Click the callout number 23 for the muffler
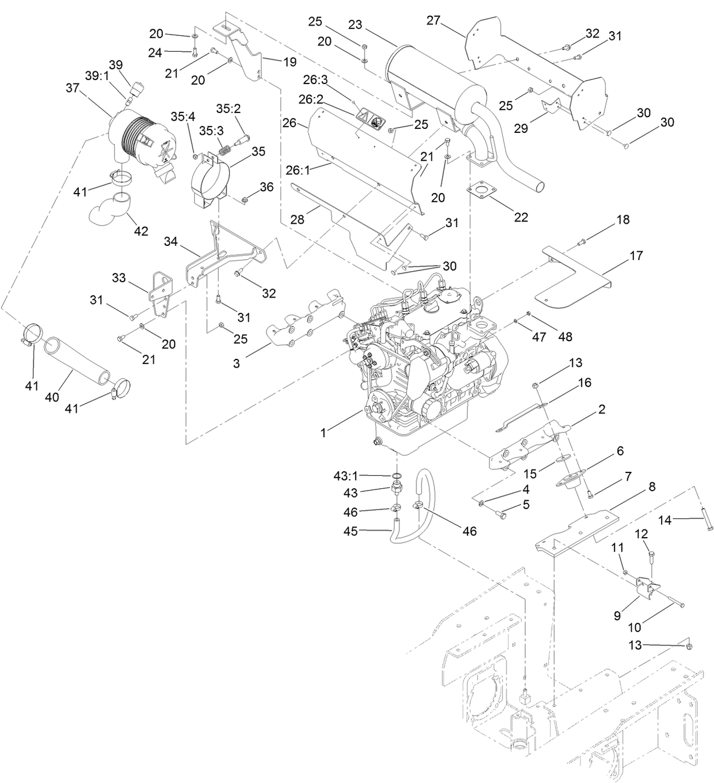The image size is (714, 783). [355, 25]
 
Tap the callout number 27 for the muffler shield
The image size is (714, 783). [433, 21]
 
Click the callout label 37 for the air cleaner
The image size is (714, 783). [72, 88]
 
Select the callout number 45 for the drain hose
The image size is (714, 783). [351, 532]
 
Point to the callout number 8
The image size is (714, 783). [652, 487]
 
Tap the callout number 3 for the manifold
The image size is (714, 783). [236, 364]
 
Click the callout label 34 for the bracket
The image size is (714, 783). [171, 241]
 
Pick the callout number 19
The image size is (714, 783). [290, 62]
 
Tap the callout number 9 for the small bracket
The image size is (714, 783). [618, 616]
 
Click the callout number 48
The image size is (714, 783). [566, 337]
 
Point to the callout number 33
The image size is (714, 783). [119, 278]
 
